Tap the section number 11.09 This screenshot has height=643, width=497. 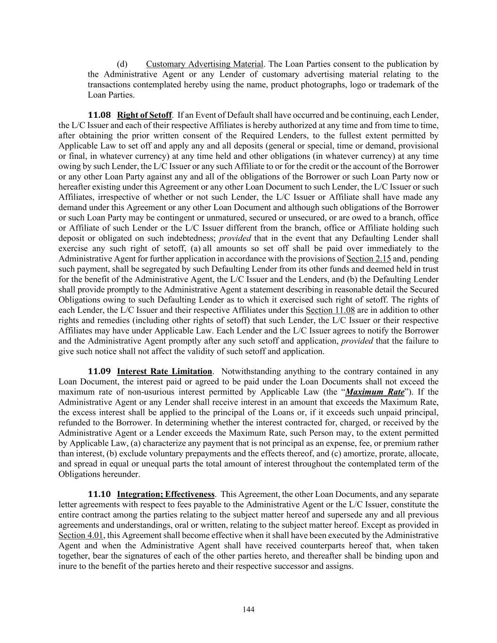click(99, 371)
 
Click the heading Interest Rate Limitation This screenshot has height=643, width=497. click(164, 371)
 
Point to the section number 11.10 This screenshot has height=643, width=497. click(99, 494)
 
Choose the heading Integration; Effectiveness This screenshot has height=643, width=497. click(166, 494)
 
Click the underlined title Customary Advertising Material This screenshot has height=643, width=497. click(204, 64)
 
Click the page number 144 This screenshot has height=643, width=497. click(249, 610)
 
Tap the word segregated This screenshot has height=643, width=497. click(130, 269)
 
